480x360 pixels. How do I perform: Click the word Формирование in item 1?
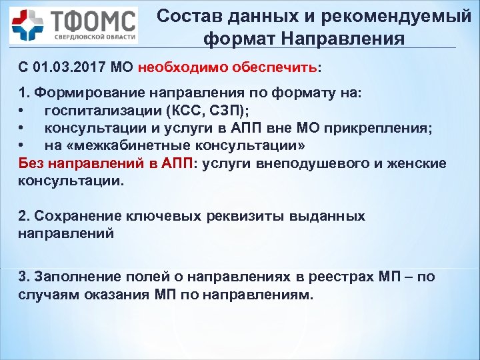pos(80,93)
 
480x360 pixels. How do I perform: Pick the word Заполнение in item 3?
pos(76,276)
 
